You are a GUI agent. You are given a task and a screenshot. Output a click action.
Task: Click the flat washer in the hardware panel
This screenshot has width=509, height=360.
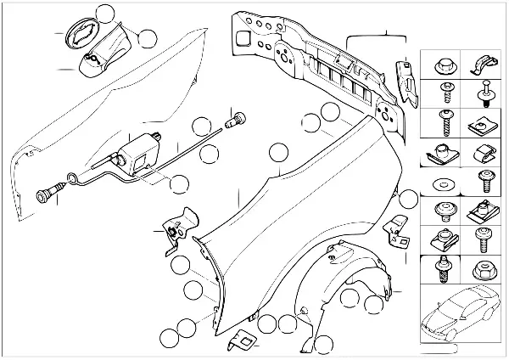point(442,183)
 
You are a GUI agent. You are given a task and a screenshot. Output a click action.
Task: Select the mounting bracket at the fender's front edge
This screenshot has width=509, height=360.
point(176,228)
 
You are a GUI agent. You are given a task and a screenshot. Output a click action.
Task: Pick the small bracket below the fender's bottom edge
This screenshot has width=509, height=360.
point(241,340)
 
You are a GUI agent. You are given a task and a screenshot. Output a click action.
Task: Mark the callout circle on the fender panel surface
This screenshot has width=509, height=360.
point(278,154)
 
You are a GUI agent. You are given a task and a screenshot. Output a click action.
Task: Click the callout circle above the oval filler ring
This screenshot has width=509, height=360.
point(106,13)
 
